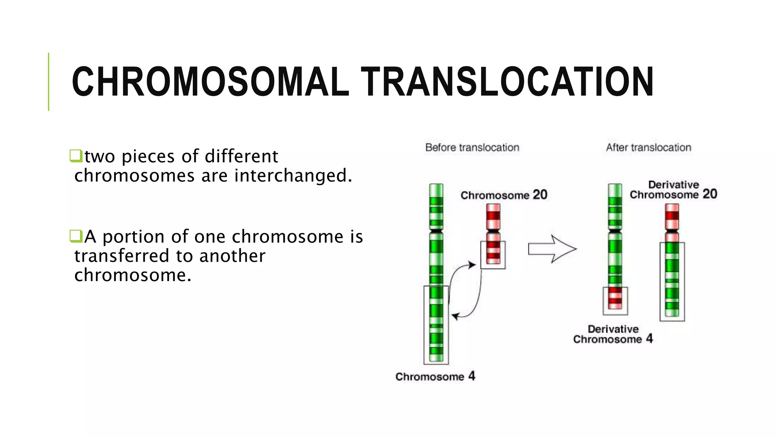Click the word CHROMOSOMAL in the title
[210, 82]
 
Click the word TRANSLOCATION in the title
[507, 82]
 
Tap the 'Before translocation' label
[472, 148]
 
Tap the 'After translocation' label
[648, 148]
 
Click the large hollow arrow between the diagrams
[552, 249]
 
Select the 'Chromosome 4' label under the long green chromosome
[435, 376]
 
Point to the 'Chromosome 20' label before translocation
[503, 195]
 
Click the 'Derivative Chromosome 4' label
[613, 334]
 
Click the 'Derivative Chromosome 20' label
[673, 190]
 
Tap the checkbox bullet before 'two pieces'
[76, 156]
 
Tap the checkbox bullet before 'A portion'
[76, 236]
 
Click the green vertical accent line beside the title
[49, 82]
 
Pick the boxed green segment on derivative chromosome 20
[672, 281]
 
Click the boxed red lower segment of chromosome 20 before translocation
[493, 254]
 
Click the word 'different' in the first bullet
[241, 156]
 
